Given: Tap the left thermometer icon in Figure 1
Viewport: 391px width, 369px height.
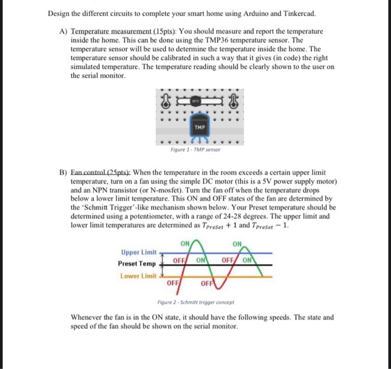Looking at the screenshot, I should (165, 102).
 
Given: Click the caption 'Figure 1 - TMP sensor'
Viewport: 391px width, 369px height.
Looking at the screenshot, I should (195, 150).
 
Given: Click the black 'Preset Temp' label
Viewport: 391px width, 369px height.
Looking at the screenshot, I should (137, 263).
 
